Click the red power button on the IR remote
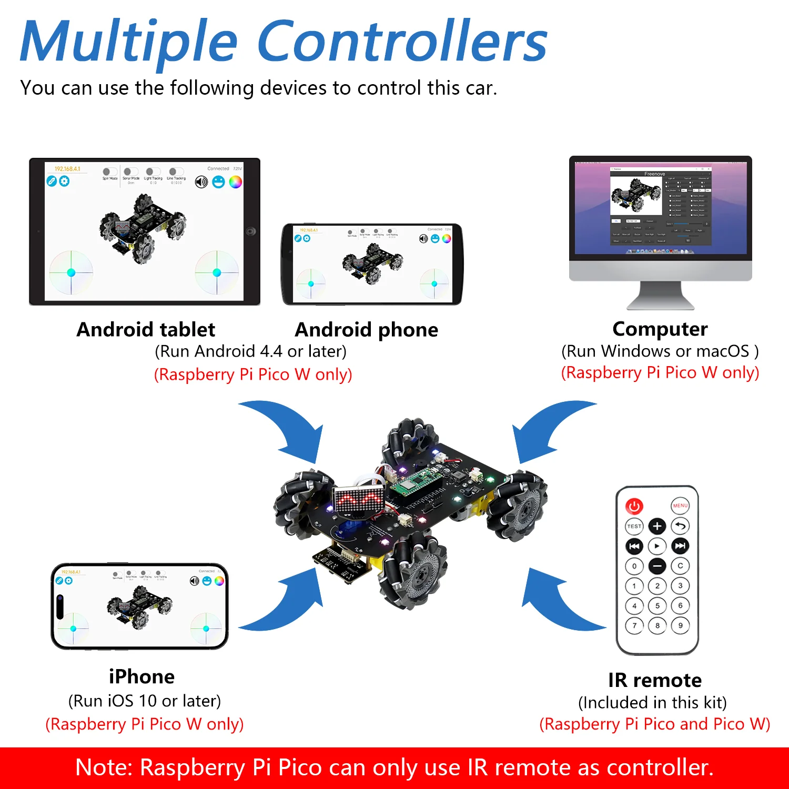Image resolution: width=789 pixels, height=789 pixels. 634,506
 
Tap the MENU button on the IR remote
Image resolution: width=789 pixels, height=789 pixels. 680,505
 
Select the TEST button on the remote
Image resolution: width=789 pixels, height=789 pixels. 634,526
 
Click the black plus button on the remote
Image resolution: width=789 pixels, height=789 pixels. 657,526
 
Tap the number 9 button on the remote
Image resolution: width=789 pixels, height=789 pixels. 680,625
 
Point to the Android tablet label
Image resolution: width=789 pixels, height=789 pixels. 146,329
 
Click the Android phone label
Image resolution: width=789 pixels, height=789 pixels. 367,330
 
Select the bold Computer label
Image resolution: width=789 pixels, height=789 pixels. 660,329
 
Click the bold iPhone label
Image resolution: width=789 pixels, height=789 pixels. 141,676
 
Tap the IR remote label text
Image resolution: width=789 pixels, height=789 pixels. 654,680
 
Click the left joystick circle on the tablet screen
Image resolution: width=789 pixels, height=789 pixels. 71,272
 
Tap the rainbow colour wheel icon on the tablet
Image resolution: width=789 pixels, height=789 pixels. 236,182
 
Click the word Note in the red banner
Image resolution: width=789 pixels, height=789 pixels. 103,767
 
